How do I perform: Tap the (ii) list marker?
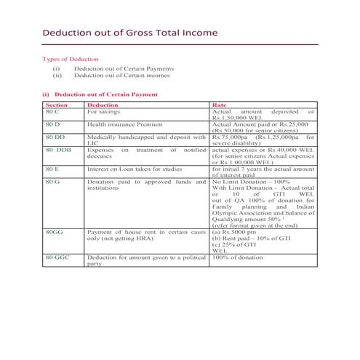(57, 75)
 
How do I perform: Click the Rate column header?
(218, 105)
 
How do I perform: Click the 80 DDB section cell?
(58, 150)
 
